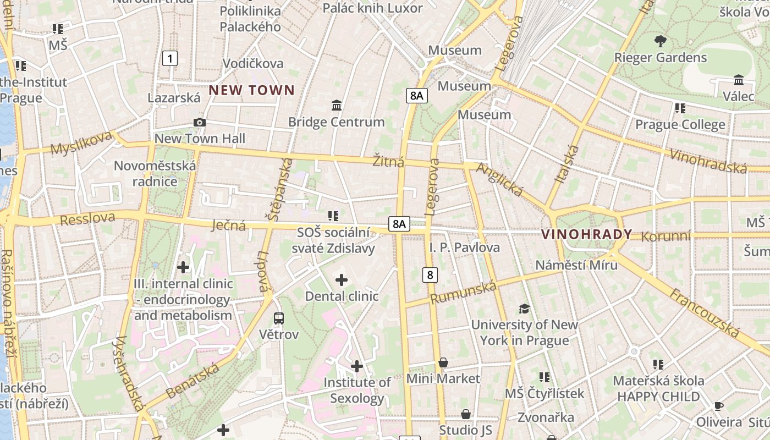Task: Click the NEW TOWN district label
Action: [252, 90]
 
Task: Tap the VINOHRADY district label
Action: [587, 234]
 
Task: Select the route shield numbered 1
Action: [170, 58]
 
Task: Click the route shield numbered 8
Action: [430, 274]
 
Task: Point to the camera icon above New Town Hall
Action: [199, 122]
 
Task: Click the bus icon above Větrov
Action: [279, 318]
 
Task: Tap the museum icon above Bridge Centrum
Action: [337, 105]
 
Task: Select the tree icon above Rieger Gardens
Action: [660, 41]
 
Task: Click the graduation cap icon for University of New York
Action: [524, 309]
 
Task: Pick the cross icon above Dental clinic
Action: [342, 280]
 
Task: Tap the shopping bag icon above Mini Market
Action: [443, 362]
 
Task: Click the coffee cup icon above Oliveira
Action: [718, 406]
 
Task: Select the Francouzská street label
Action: [704, 312]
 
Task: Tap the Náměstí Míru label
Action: [576, 265]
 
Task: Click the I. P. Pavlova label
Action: [465, 248]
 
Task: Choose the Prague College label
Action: [680, 125]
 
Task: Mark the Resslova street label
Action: [87, 219]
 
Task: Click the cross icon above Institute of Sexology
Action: [357, 366]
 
